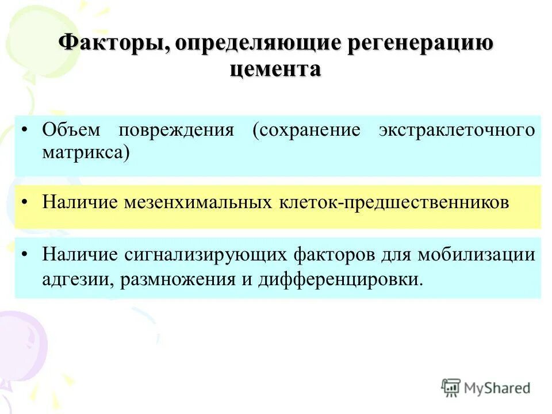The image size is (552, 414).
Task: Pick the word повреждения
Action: click(x=176, y=130)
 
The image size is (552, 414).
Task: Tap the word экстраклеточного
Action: click(x=457, y=130)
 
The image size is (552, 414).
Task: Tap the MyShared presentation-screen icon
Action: click(x=451, y=388)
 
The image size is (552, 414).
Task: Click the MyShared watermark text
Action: click(x=497, y=388)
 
